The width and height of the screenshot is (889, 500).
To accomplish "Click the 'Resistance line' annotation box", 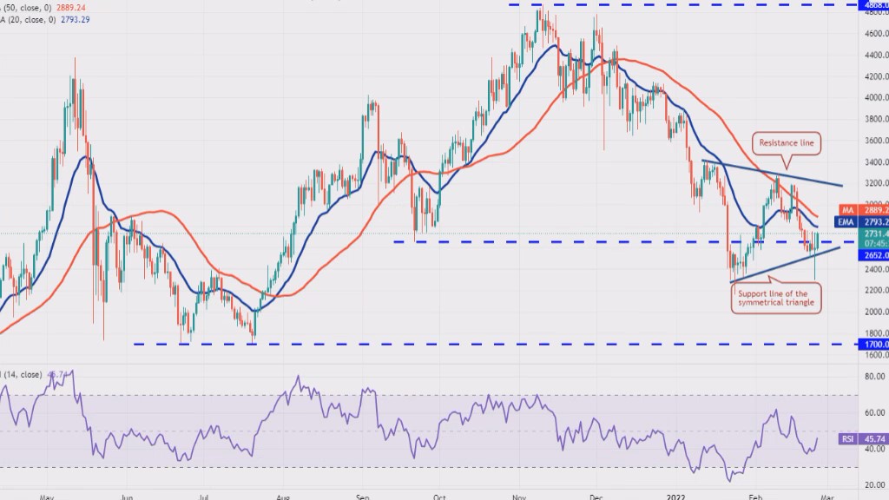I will [787, 142].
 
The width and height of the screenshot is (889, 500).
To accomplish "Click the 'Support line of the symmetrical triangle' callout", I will [776, 299].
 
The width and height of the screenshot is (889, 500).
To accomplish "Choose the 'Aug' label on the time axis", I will [282, 498].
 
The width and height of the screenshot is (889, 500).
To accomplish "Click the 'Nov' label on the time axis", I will [518, 498].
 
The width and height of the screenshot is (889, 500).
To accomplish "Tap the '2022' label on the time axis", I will [677, 498].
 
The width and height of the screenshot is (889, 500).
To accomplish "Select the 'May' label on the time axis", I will [47, 498].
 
